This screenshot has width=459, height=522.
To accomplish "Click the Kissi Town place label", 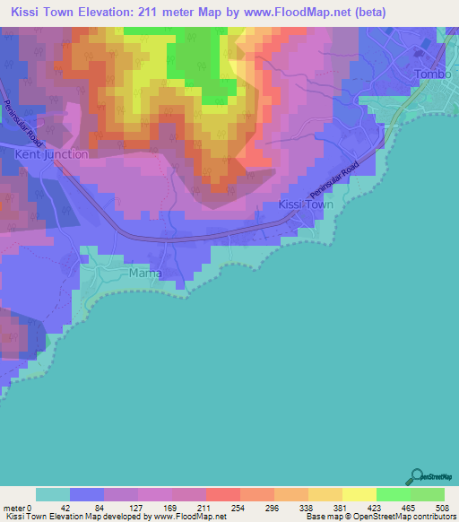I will [x=306, y=204].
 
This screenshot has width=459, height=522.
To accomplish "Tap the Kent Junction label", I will [x=52, y=154].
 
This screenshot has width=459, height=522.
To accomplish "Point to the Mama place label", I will [x=144, y=273].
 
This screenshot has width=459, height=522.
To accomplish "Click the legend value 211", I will [x=188, y=508].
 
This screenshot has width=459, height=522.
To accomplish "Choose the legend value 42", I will [x=53, y=508].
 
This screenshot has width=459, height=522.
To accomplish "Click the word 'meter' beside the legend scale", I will [x=15, y=508].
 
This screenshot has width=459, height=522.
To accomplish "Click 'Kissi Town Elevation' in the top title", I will [x=74, y=10].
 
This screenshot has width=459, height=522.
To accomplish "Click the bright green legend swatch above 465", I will [x=393, y=494].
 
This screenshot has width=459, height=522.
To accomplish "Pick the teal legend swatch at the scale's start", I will [x=53, y=494].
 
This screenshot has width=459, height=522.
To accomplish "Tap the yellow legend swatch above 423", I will [x=359, y=494].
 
